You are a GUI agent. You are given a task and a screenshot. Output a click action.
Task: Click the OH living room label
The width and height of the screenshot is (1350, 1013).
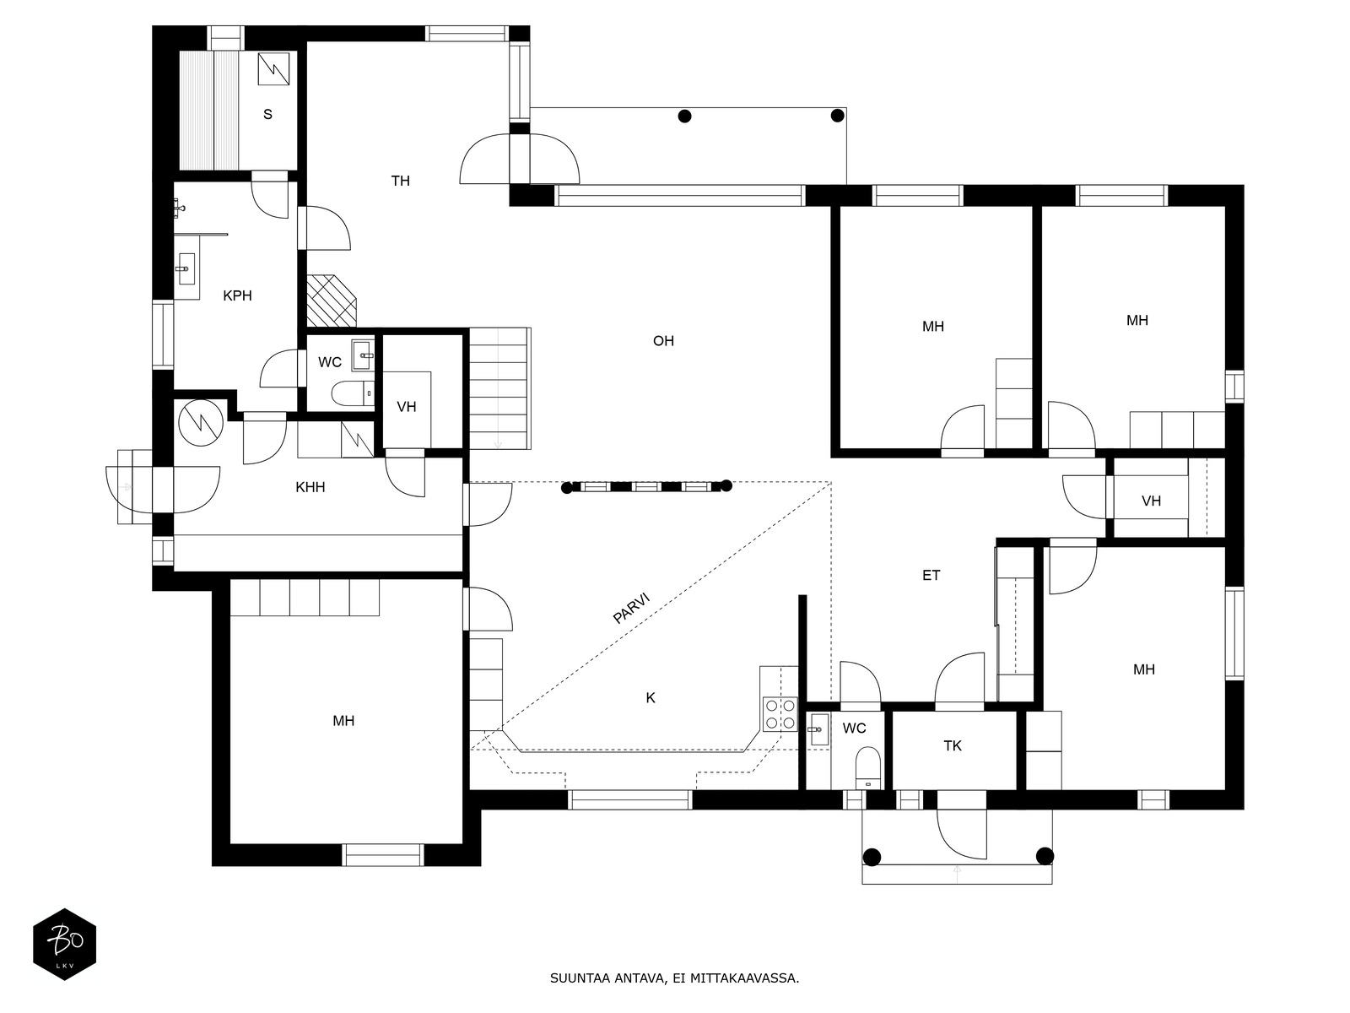(x=663, y=341)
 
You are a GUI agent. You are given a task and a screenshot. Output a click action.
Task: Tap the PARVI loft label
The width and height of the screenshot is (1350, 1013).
(x=632, y=608)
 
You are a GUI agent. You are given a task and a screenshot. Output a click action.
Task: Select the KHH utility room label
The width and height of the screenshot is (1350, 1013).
(x=310, y=487)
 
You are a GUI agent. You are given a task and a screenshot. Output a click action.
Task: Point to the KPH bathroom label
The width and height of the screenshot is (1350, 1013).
(x=237, y=295)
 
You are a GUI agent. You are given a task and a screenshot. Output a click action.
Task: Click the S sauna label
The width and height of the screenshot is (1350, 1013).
(x=267, y=114)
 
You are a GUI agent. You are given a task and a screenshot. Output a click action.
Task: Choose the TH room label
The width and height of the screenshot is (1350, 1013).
(x=401, y=181)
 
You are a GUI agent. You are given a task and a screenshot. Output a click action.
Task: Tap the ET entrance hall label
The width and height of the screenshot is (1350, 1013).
(x=931, y=575)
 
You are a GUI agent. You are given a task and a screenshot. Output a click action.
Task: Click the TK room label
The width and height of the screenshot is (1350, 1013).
(x=953, y=746)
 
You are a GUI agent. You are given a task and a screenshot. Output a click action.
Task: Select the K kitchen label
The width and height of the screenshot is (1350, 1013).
(x=651, y=698)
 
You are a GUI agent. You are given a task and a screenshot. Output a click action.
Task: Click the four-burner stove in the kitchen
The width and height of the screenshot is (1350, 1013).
(x=780, y=714)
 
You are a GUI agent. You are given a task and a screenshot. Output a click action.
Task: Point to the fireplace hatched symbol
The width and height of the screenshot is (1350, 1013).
(x=332, y=301)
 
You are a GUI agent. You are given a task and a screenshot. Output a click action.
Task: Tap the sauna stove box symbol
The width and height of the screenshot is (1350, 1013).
(x=273, y=69)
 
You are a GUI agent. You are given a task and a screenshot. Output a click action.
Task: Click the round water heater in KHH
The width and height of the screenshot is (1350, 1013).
(x=201, y=423)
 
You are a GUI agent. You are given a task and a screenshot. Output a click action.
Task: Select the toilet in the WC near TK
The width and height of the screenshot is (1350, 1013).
(x=868, y=767)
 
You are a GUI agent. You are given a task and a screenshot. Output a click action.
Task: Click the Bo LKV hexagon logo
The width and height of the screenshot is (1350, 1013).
(x=65, y=944)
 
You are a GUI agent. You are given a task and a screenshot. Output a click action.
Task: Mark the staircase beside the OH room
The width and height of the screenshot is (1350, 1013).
(x=499, y=388)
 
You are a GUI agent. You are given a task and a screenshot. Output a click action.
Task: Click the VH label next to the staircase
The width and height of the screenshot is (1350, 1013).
(x=407, y=407)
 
